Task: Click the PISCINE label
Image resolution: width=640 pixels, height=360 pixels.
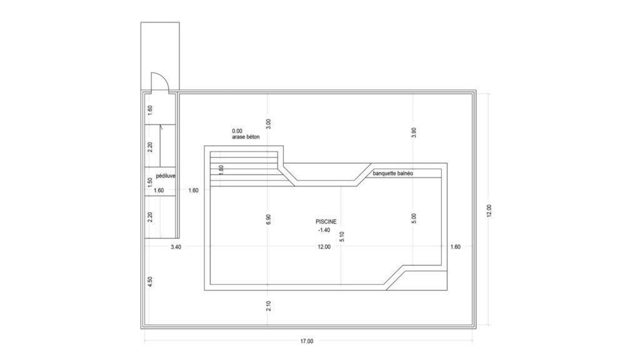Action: click(x=326, y=222)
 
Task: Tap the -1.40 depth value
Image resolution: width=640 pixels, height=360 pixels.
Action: click(x=324, y=230)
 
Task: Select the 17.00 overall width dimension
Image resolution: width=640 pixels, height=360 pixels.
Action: click(x=307, y=341)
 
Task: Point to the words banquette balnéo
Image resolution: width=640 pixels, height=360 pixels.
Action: click(x=392, y=174)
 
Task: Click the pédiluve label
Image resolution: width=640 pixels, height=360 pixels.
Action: click(x=166, y=176)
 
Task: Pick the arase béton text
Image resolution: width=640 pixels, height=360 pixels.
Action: click(x=246, y=137)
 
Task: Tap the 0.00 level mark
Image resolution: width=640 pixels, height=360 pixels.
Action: click(x=237, y=131)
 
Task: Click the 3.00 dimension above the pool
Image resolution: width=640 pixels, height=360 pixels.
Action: click(x=268, y=124)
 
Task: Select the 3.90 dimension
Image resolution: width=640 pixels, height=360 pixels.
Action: click(x=414, y=132)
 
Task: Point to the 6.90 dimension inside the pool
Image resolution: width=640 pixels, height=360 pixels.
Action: click(x=268, y=219)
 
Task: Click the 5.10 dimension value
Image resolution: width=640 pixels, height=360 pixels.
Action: click(x=342, y=237)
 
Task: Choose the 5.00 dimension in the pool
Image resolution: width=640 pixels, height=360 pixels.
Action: click(x=414, y=218)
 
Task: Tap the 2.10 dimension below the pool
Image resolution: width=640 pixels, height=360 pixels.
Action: click(x=268, y=306)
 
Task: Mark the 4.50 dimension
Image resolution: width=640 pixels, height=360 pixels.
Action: click(x=150, y=282)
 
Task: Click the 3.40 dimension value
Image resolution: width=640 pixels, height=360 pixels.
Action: click(x=176, y=247)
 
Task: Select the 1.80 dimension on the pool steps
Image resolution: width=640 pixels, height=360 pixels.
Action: click(x=221, y=170)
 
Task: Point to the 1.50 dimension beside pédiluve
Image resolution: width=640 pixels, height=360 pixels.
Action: click(x=150, y=182)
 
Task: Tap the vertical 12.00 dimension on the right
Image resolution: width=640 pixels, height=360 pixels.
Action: click(x=489, y=211)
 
